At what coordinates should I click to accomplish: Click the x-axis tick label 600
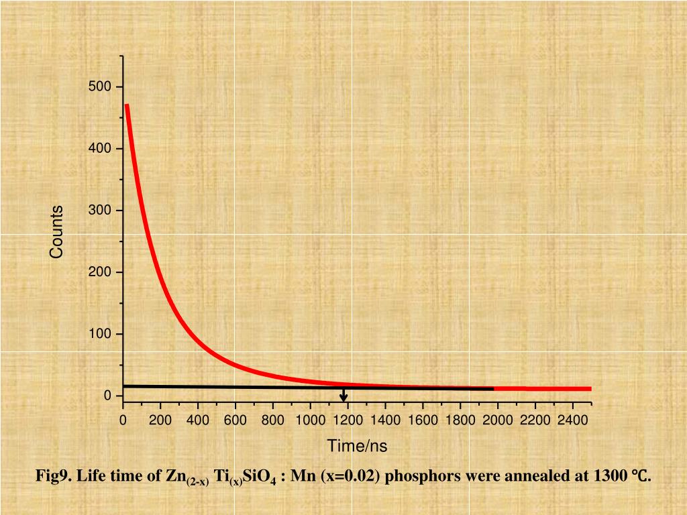coord(235,420)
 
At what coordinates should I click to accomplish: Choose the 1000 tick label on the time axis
coord(310,420)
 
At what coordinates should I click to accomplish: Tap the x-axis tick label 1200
coord(348,420)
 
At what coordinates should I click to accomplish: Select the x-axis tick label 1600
coord(423,420)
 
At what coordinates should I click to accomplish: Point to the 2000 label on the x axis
coord(498,420)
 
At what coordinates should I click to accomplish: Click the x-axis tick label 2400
coord(572,420)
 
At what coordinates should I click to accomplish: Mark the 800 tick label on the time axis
coord(273,420)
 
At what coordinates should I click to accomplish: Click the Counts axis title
coord(56,232)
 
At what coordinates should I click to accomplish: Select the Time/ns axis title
coord(357,446)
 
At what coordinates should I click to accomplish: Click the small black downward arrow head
coord(343,398)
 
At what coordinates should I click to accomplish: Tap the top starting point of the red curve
coord(127,105)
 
